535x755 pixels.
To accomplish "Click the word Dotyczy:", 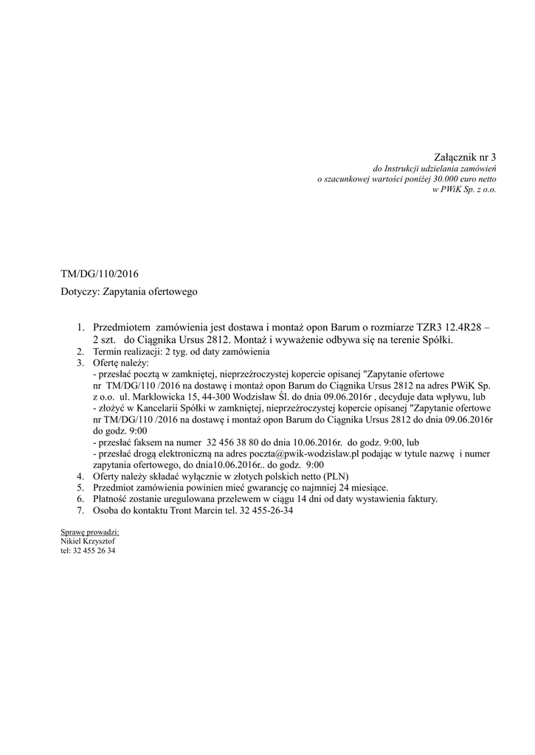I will tap(80, 292).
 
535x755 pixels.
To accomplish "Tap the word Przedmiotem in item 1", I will tap(119, 327).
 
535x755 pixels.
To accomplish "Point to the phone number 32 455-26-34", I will tap(262, 510).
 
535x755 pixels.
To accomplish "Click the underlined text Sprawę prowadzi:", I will tap(89, 532).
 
